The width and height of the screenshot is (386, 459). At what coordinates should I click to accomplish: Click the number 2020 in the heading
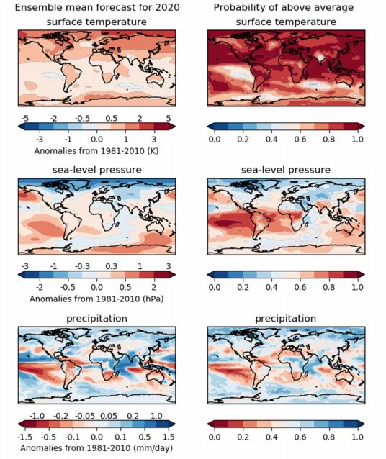(167, 7)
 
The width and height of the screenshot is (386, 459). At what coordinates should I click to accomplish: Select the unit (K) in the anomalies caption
(153, 151)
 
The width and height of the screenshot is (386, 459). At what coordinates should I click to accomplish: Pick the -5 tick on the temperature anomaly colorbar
(25, 118)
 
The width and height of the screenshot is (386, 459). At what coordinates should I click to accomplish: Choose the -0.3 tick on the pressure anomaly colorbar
(82, 266)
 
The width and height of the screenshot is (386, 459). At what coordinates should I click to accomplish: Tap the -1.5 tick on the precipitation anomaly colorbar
(24, 437)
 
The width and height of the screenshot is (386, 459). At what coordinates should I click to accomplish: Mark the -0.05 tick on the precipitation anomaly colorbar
(85, 416)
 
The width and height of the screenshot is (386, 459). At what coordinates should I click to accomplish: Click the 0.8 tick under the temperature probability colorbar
(329, 140)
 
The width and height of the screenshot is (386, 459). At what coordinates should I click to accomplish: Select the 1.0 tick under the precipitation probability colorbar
(358, 437)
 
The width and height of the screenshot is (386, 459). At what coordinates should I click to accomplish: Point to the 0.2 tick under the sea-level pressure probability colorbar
(243, 287)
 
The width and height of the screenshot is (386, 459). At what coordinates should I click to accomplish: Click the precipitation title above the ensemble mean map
(96, 319)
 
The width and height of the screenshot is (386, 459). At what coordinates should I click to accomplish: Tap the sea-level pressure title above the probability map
(286, 170)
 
